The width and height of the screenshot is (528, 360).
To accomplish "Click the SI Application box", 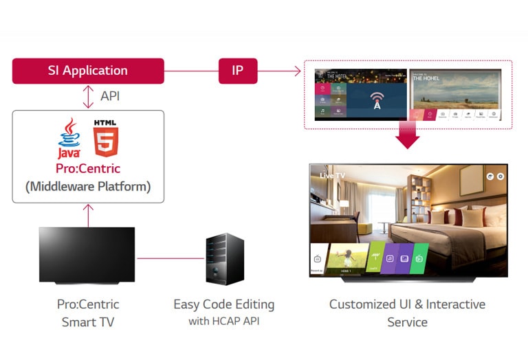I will point(88,71).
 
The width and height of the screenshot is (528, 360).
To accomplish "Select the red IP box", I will point(238,71).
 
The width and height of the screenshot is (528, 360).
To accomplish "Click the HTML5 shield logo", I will point(106,137).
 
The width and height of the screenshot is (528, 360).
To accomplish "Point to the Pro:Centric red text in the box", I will point(88,168).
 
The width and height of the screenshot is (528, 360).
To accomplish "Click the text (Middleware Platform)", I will point(88,186).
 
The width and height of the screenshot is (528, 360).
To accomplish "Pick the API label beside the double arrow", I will point(110,96).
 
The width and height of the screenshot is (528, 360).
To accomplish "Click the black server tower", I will point(225,259).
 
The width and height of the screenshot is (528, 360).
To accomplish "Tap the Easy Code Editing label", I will point(223,304).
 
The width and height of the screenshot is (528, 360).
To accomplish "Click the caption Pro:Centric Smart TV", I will point(88,313).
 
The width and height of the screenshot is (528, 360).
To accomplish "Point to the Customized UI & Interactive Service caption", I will point(407,313).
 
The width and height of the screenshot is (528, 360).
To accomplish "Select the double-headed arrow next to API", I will point(88,97).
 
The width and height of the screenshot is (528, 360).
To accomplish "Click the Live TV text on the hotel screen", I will point(333,176).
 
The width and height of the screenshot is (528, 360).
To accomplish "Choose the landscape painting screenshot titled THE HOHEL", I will point(456,95).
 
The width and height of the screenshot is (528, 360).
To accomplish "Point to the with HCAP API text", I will point(223,322).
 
